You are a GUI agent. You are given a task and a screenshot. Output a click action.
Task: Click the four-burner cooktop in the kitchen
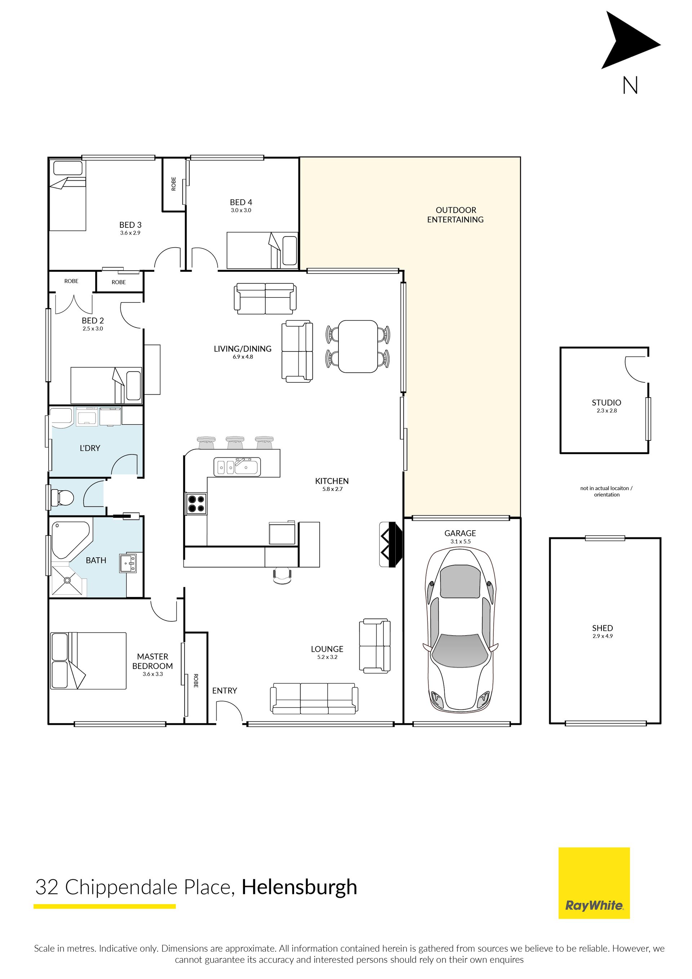click(x=196, y=504)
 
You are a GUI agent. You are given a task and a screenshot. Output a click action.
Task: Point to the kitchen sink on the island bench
click(x=237, y=466)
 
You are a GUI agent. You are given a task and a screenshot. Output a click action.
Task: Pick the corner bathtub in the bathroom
click(x=70, y=539)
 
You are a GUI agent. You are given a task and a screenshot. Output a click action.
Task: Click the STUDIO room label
click(x=606, y=403)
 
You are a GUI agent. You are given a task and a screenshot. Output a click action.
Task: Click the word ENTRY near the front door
click(x=225, y=691)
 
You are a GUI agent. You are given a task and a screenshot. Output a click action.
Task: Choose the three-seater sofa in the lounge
click(x=314, y=699)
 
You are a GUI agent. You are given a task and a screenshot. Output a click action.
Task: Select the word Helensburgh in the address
click(x=299, y=887)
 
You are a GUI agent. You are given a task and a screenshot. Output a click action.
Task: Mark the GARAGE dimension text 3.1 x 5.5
click(x=461, y=541)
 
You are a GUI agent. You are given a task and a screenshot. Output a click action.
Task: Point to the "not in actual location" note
click(x=606, y=492)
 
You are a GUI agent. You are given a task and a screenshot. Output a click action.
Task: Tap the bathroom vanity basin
click(x=128, y=563)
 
